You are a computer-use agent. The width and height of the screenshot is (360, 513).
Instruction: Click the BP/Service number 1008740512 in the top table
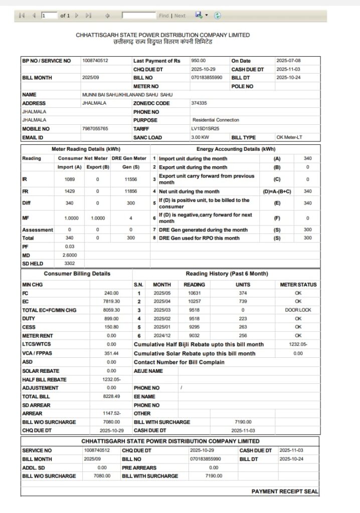pyautogui.click(x=95, y=61)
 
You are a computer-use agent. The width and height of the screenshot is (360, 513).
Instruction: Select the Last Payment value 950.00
pyautogui.click(x=199, y=61)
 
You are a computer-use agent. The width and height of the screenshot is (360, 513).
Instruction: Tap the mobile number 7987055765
pyautogui.click(x=95, y=129)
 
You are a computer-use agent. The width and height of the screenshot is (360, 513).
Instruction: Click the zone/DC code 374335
pyautogui.click(x=199, y=103)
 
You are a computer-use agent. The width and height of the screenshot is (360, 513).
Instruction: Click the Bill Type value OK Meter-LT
pyautogui.click(x=289, y=137)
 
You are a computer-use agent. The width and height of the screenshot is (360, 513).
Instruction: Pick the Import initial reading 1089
pyautogui.click(x=70, y=179)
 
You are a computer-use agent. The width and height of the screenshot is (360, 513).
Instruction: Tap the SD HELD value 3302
pyautogui.click(x=70, y=263)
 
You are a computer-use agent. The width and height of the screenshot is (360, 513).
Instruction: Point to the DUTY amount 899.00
pyautogui.click(x=111, y=319)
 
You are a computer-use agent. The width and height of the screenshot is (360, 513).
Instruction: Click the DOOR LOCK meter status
pyautogui.click(x=298, y=310)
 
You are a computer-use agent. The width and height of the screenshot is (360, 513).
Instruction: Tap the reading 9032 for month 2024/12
pyautogui.click(x=194, y=336)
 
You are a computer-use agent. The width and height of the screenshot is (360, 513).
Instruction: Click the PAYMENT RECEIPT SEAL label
pyautogui.click(x=284, y=492)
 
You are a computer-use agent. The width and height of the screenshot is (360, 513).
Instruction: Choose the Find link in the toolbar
pyautogui.click(x=163, y=16)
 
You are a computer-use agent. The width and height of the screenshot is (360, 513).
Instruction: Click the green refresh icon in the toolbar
pyautogui.click(x=217, y=16)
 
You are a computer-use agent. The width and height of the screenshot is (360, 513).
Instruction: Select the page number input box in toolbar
pyautogui.click(x=49, y=16)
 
